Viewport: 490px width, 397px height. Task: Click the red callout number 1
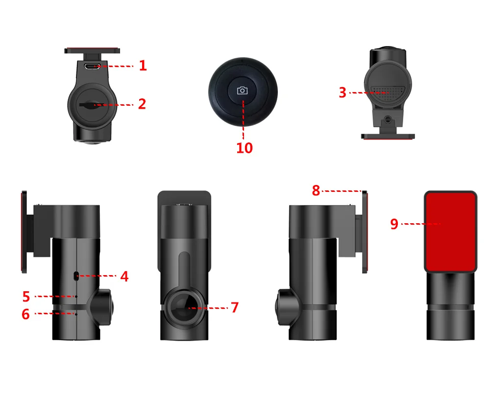(x=143, y=66)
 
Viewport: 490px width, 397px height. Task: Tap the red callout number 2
(x=142, y=104)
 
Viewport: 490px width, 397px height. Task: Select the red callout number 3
(x=343, y=93)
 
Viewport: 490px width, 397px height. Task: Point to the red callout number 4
(x=124, y=277)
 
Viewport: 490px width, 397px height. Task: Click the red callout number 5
(x=26, y=297)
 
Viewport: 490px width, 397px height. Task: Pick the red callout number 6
(x=25, y=314)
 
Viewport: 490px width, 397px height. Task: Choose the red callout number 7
(x=235, y=307)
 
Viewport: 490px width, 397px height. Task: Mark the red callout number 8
(x=316, y=190)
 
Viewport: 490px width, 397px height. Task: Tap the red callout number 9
(x=394, y=224)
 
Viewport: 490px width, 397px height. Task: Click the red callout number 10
(x=245, y=148)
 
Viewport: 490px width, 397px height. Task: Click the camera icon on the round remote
(x=243, y=91)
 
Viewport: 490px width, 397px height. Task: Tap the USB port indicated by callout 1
(x=93, y=66)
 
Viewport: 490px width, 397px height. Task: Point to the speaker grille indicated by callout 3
(x=388, y=93)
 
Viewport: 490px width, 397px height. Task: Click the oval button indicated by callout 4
(x=76, y=276)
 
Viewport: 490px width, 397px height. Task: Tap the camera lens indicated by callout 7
(x=184, y=307)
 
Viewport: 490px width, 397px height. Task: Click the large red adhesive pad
(x=450, y=231)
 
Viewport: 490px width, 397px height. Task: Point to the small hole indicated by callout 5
(x=76, y=297)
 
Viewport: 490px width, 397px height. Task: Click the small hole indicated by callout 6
(x=76, y=314)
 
